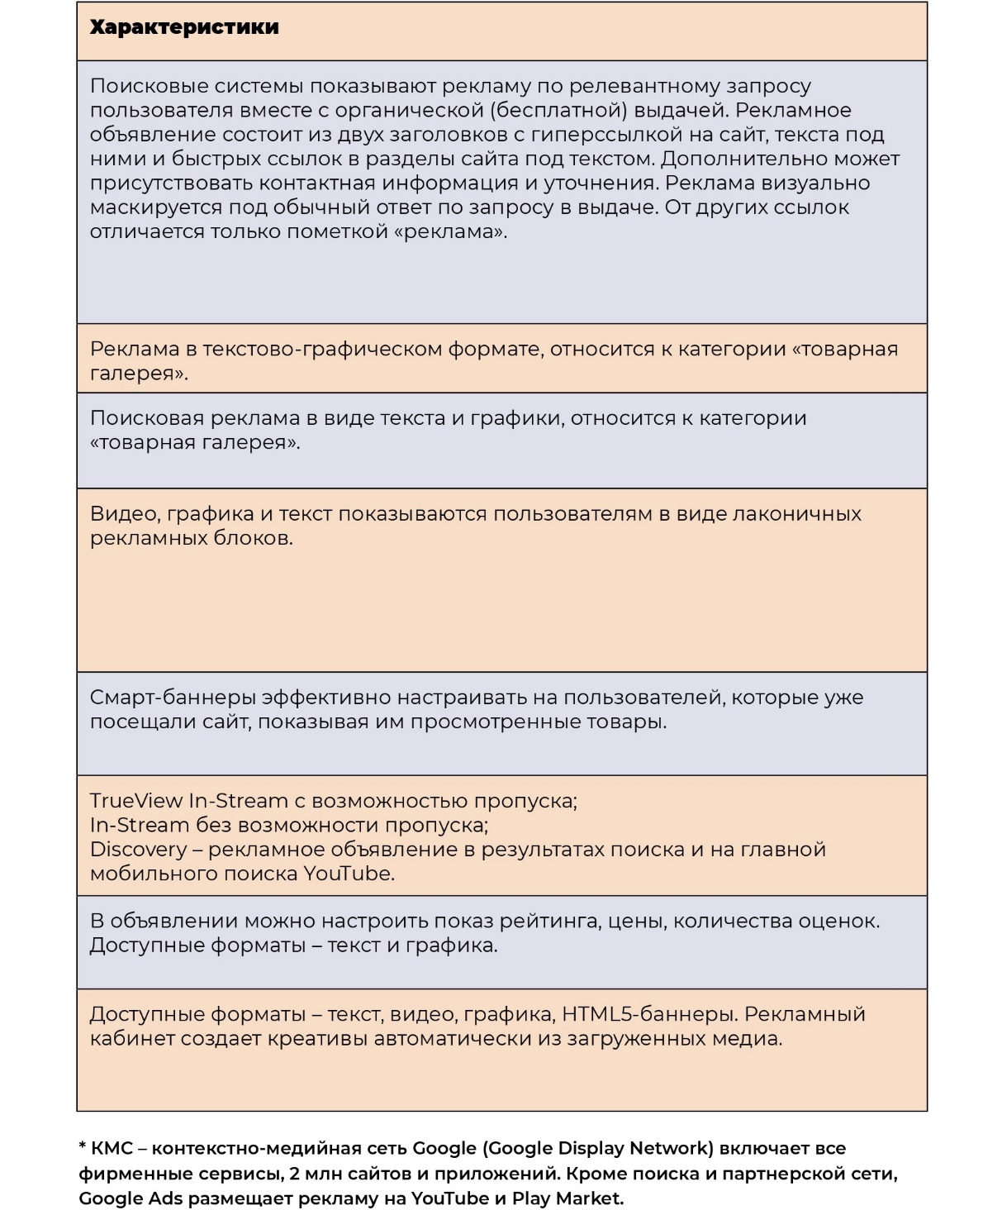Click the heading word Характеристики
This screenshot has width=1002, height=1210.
click(183, 27)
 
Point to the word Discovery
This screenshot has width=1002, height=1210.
click(138, 850)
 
